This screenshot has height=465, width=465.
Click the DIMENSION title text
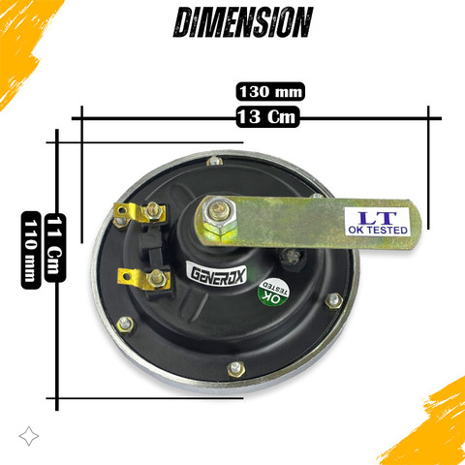coord(243,22)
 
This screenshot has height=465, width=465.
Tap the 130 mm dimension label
coord(270,92)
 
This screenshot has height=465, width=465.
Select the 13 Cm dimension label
coord(267,116)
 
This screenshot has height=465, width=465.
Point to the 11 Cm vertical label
coord(55,248)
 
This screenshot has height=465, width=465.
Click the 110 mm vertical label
coord(31,250)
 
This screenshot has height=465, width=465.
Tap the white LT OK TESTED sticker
coord(377,222)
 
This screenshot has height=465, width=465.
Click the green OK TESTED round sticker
coord(273,293)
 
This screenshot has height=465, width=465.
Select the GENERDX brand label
coord(217,274)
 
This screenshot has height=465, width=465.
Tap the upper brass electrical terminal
coord(139,213)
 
